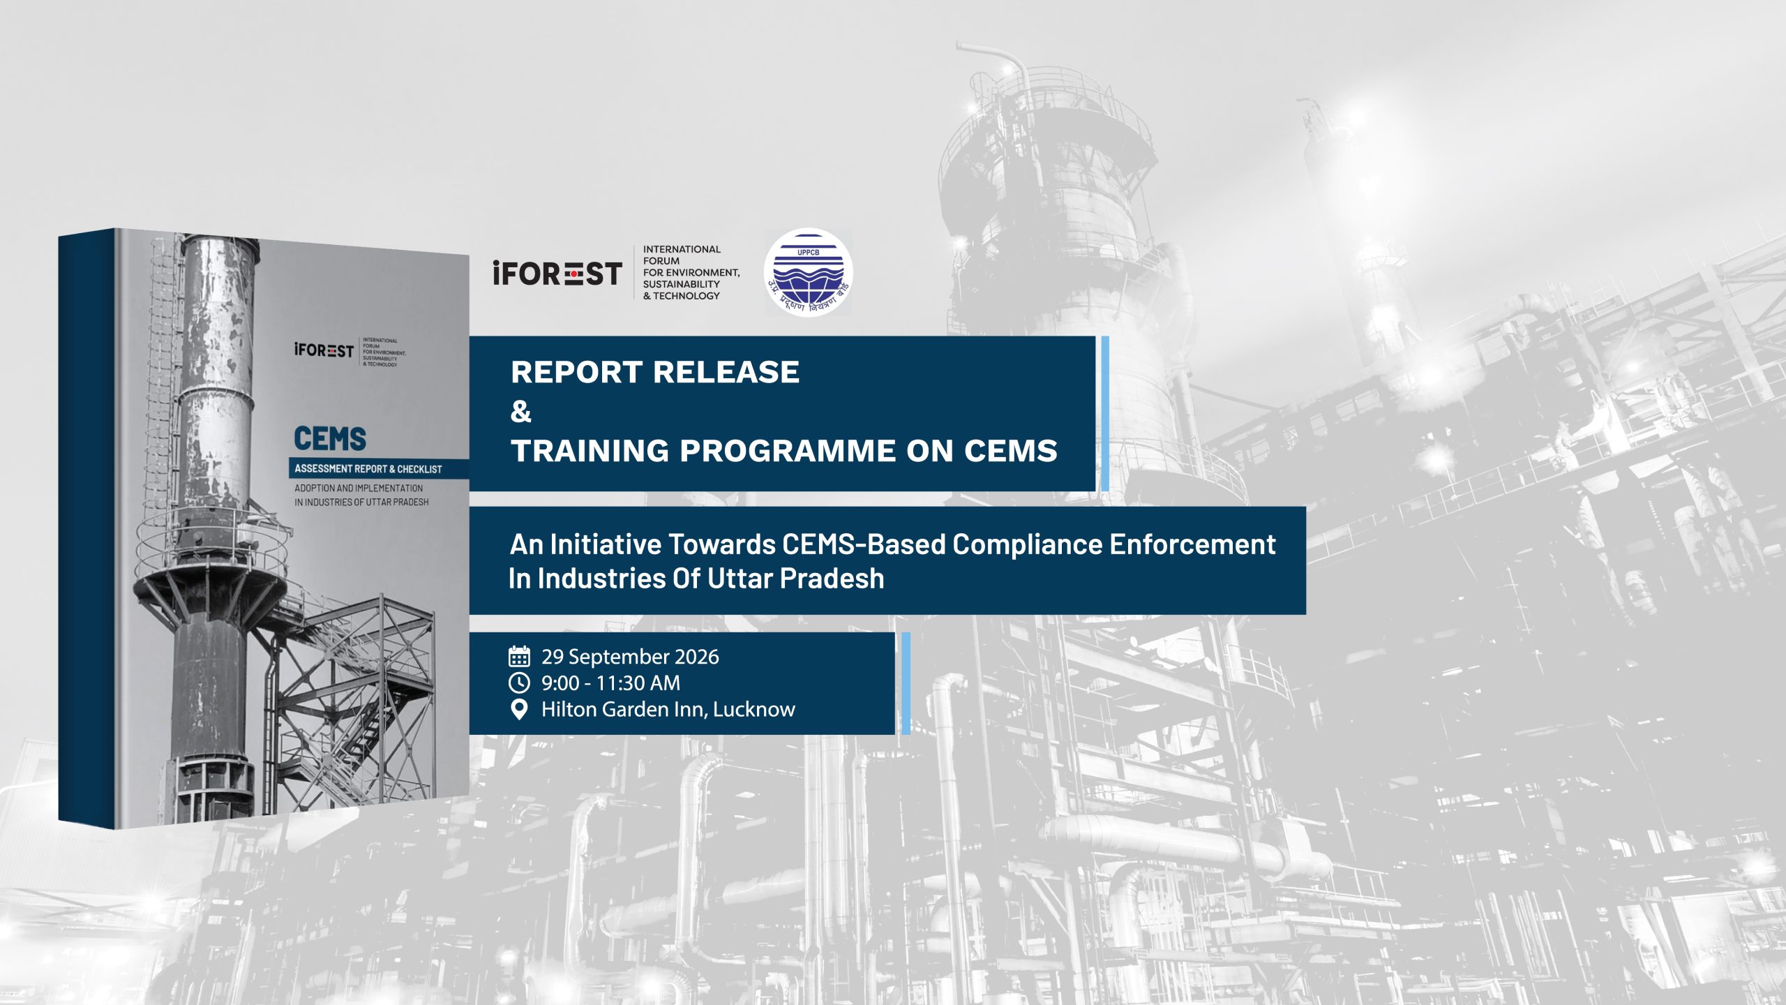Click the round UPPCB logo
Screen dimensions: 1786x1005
pyautogui.click(x=808, y=272)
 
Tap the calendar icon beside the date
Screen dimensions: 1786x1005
pyautogui.click(x=519, y=656)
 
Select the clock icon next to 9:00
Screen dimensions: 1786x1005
pyautogui.click(x=519, y=683)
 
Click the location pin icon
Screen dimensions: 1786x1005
pyautogui.click(x=519, y=710)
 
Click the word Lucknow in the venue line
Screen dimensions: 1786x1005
pyautogui.click(x=753, y=710)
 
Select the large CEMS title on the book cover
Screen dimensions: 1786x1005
pyautogui.click(x=330, y=439)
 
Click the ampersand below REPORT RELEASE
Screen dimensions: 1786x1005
pyautogui.click(x=520, y=411)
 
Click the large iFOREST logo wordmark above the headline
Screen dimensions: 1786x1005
pyautogui.click(x=557, y=273)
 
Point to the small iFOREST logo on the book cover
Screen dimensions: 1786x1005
pyautogui.click(x=324, y=350)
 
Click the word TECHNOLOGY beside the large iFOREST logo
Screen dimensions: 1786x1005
pyautogui.click(x=686, y=296)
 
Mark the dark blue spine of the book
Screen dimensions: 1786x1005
pyautogui.click(x=86, y=528)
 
